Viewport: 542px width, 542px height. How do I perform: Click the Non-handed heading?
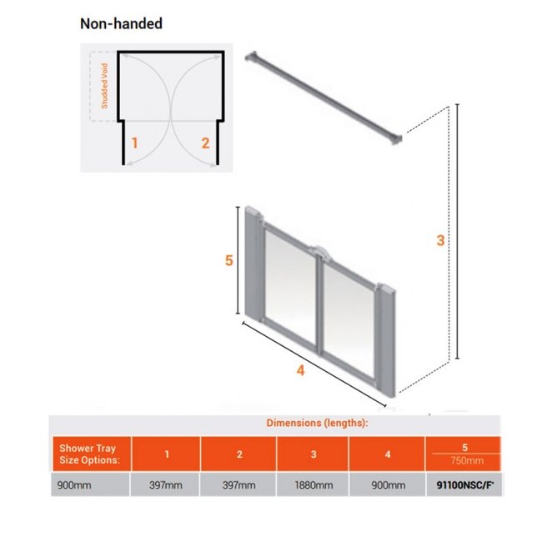(121, 23)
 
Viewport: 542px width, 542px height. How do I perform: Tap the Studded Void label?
(104, 86)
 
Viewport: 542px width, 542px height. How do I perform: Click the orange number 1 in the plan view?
(134, 143)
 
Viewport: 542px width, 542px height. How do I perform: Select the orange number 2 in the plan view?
(205, 143)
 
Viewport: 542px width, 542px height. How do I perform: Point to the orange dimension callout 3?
(440, 240)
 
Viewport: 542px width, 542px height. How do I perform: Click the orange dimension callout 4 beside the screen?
(300, 370)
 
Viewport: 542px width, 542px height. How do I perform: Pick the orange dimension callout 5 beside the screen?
(228, 260)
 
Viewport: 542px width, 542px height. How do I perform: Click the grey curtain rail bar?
(324, 98)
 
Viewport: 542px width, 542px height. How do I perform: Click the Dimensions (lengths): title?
(317, 423)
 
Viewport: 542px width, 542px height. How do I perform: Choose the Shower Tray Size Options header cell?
(92, 454)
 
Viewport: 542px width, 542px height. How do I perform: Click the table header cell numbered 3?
(313, 454)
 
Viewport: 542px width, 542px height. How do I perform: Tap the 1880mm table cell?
(313, 485)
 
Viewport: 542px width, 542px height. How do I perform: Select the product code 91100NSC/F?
(465, 485)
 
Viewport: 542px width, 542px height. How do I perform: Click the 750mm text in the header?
(467, 461)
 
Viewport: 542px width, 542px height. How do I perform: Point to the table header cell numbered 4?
(387, 454)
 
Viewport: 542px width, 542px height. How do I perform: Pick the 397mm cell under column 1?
(165, 485)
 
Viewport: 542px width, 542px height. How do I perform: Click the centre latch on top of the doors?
(319, 251)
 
